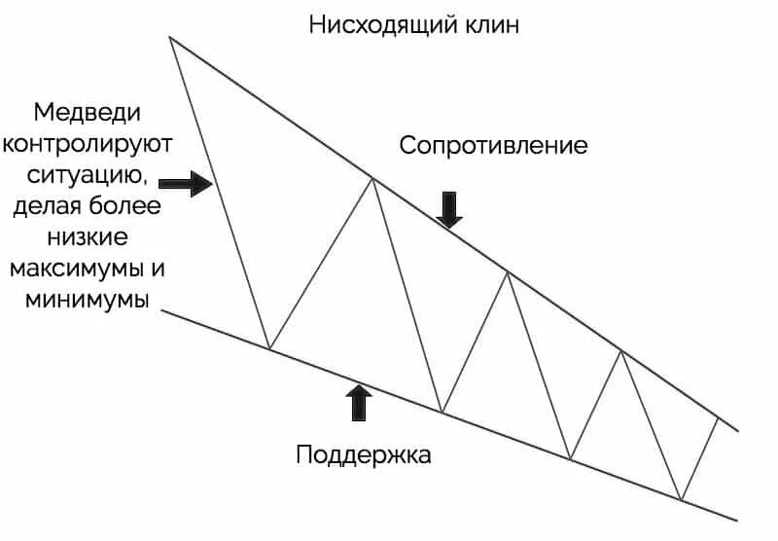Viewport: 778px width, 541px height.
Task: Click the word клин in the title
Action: (491, 25)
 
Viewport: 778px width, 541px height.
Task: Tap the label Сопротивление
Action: (493, 146)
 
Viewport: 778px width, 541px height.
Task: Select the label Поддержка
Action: (363, 453)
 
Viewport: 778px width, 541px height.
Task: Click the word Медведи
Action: (87, 111)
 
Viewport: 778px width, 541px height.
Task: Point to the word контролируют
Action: (87, 144)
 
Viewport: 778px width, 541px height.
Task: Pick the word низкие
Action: (87, 237)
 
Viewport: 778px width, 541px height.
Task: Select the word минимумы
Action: (87, 299)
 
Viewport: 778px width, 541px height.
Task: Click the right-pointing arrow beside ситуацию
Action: (185, 182)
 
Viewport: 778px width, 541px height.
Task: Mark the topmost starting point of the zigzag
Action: (170, 37)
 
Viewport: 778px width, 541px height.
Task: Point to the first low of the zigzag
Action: (269, 348)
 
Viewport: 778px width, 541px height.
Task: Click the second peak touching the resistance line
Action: (508, 273)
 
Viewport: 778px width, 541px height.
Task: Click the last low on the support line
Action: (682, 499)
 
